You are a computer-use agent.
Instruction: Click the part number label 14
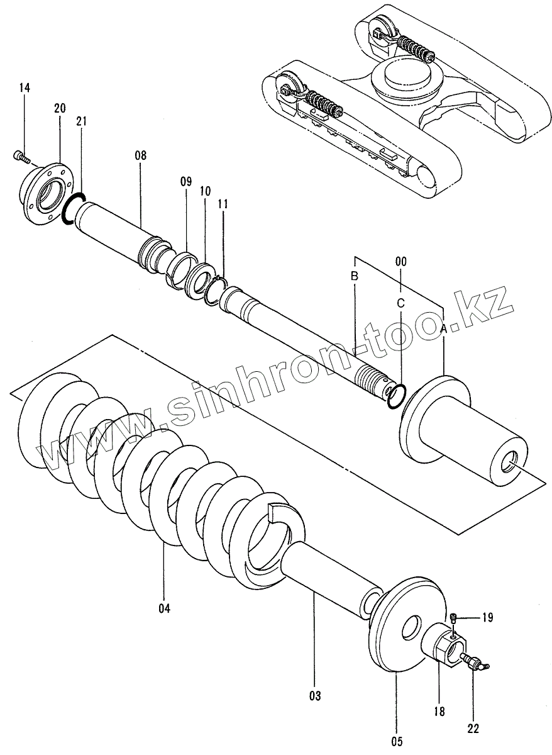tap(25, 88)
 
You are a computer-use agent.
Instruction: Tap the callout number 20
tap(60, 108)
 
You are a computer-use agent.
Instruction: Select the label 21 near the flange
tap(82, 121)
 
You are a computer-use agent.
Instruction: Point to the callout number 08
tap(140, 155)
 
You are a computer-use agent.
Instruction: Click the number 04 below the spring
tap(164, 608)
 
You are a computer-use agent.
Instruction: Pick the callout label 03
tap(315, 696)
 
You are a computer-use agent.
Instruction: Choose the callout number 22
tap(473, 729)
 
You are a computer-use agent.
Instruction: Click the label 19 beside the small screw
tap(487, 618)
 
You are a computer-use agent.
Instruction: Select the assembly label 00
tap(400, 260)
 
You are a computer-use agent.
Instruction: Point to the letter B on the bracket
tap(355, 277)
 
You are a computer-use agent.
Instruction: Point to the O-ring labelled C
tap(394, 397)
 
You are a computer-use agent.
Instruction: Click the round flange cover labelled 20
tap(47, 191)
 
